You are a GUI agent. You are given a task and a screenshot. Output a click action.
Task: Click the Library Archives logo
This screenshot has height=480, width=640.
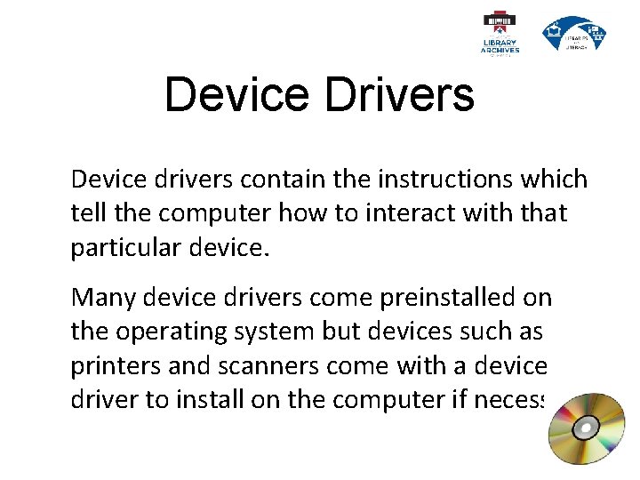500,34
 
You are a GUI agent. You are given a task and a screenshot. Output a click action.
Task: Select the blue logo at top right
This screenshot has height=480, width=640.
574,34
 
